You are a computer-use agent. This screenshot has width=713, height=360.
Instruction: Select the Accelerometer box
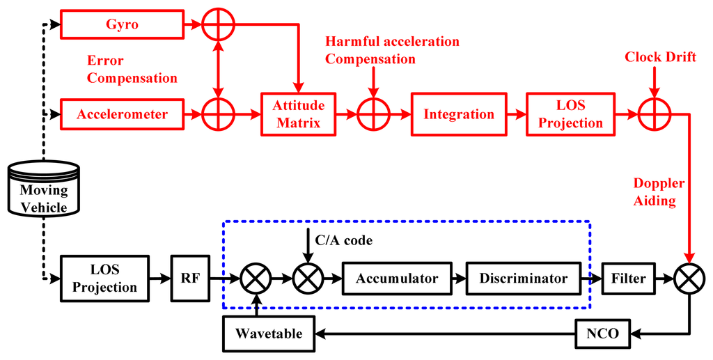point(123,114)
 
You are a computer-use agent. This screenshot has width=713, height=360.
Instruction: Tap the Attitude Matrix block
point(297,114)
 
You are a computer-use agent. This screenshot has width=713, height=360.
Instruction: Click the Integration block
point(459,114)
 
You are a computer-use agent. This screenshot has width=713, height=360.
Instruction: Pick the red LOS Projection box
point(570,114)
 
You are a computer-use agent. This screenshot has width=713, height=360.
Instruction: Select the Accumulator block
point(397,279)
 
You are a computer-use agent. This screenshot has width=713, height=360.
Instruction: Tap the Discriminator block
point(523,279)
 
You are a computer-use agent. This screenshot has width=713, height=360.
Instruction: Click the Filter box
point(629,279)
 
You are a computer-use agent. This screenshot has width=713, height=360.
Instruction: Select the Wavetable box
point(268,333)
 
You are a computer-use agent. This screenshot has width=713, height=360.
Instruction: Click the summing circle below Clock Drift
point(653,114)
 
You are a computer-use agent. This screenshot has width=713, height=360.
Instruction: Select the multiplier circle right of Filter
point(690,279)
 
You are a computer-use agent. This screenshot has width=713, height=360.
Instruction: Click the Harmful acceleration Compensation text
point(392,50)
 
